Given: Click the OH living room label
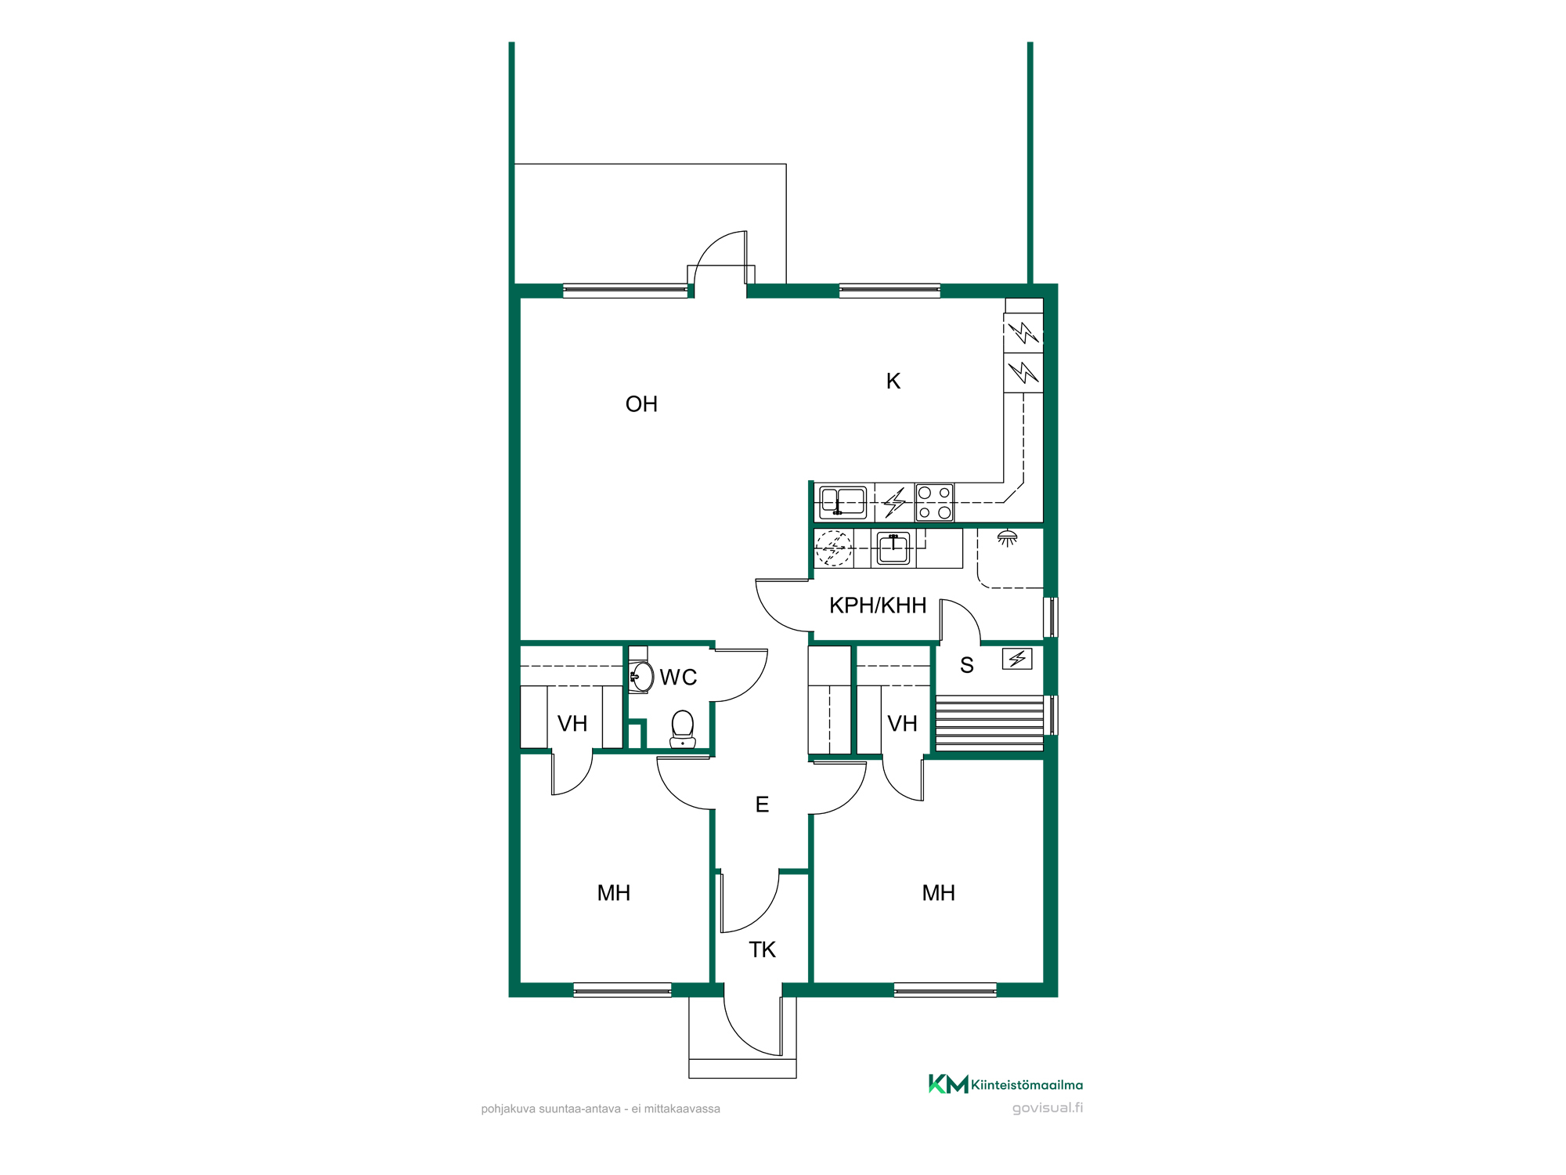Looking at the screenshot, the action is tap(641, 404).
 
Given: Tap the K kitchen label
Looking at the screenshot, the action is tap(893, 381).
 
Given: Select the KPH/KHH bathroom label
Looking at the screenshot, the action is tap(878, 606).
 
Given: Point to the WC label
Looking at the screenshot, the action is tap(678, 678).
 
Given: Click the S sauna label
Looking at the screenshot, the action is tap(967, 665).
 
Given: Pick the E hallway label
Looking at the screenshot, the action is tap(762, 804).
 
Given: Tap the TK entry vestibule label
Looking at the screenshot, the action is tap(762, 950).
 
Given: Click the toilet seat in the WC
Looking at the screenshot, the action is tap(683, 729).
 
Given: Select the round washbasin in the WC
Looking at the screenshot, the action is tap(642, 676).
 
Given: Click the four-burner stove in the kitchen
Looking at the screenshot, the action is tap(935, 503).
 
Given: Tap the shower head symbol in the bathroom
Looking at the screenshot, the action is tap(1007, 538).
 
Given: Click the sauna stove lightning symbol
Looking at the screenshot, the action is tap(1017, 659).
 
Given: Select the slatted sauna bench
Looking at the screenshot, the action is tap(990, 723).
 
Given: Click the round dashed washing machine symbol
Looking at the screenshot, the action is tap(834, 548).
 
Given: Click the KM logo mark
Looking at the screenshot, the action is tap(948, 1084).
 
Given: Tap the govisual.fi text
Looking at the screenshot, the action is tap(1048, 1108).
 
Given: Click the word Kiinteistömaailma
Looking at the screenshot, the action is tap(1027, 1085).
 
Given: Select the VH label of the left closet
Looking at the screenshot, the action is tap(572, 724).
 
